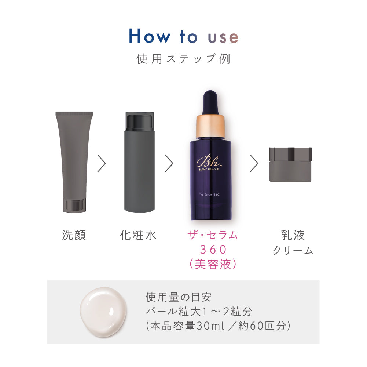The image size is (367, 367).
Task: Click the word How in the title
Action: point(150,36)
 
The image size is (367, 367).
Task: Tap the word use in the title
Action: point(223,37)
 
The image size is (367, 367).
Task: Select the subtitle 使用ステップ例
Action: point(183,59)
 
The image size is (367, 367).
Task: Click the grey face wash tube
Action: point(74,158)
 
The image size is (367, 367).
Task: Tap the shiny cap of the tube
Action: point(74,205)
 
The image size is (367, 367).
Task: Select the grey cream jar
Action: point(290,165)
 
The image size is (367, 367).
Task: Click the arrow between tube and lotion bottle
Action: point(102,163)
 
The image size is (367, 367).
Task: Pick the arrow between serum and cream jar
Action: point(254,163)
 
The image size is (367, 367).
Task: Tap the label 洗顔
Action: point(74,235)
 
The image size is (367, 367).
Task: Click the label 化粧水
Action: point(138,235)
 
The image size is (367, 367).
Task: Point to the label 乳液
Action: point(293,235)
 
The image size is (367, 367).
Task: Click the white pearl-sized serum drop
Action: point(104,312)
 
